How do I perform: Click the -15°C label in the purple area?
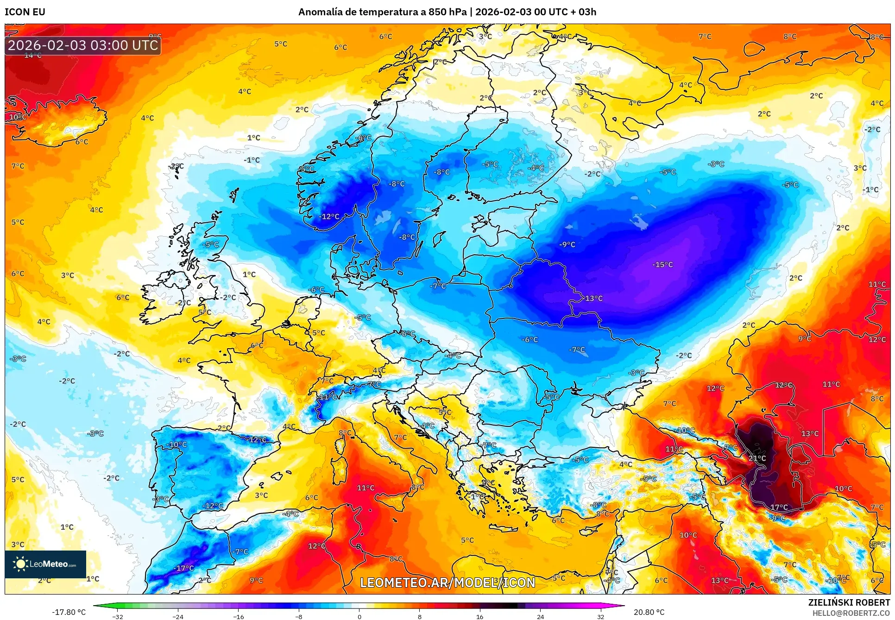[662, 264]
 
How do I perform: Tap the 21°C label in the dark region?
[757, 458]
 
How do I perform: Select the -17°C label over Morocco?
[183, 568]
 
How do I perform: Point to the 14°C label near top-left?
[33, 56]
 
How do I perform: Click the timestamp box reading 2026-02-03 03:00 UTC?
[83, 45]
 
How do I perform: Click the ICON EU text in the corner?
[25, 12]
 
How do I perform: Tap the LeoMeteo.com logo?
[45, 564]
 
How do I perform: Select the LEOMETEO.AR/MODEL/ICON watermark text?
[447, 582]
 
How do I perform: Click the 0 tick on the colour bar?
[359, 616]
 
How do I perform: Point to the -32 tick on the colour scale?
[118, 616]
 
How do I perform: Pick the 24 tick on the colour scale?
[540, 616]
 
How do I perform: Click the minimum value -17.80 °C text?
[69, 612]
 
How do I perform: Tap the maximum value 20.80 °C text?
[649, 612]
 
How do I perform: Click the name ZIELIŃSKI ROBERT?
[849, 602]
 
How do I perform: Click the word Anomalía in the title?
[320, 12]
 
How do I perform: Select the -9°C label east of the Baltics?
[567, 244]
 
